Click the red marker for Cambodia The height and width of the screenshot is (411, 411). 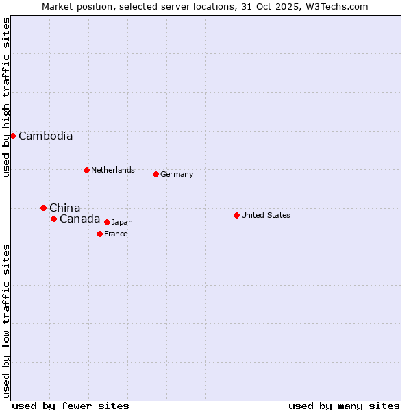[x=12, y=136]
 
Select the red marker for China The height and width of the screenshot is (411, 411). [x=43, y=208]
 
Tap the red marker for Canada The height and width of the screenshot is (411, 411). [x=53, y=219]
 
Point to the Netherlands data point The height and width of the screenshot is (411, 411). [x=86, y=170]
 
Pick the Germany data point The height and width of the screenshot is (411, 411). [x=155, y=174]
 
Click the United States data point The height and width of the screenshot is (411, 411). [x=236, y=215]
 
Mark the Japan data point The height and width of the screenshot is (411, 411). [x=107, y=222]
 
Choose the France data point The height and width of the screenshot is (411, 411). [x=99, y=234]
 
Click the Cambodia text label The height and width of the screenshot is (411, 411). [x=45, y=136]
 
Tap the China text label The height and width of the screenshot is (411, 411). [x=64, y=208]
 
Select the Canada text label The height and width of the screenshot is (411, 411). [x=79, y=219]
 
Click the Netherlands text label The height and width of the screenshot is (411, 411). [x=112, y=170]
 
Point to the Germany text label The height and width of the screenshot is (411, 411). [x=177, y=174]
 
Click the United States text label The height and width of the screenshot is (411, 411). [x=266, y=215]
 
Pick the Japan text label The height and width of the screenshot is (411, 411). [x=122, y=222]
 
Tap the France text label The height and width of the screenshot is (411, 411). [x=116, y=234]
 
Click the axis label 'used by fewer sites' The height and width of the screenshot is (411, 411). [x=71, y=406]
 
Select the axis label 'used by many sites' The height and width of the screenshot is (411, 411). [x=344, y=406]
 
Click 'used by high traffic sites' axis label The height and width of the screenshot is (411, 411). [x=6, y=97]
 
